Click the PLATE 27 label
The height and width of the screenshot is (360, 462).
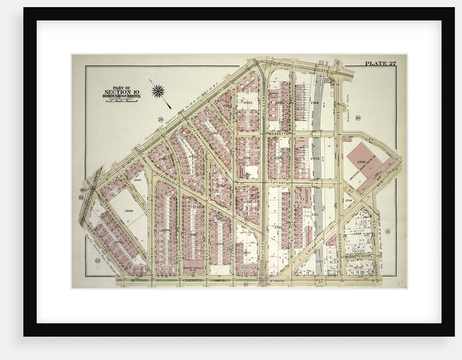(380, 64)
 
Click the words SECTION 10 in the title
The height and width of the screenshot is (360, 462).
(118, 91)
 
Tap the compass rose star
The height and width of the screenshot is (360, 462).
(158, 91)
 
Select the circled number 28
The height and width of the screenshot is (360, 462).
(160, 120)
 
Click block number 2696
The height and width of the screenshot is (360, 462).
(129, 209)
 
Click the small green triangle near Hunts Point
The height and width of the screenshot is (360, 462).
(265, 67)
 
